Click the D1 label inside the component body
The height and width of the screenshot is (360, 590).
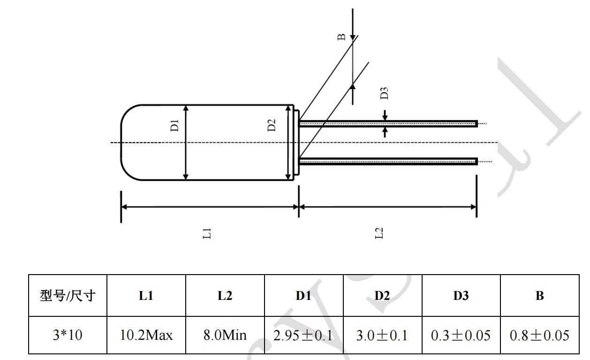[x=174, y=126]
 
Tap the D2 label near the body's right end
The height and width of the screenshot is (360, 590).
[x=272, y=125]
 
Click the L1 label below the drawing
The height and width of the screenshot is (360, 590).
[x=207, y=232]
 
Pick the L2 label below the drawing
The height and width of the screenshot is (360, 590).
[x=380, y=232]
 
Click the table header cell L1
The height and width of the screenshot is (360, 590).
[x=146, y=296]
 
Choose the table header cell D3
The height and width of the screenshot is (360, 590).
[x=461, y=296]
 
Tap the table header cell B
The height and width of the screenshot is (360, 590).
[x=540, y=296]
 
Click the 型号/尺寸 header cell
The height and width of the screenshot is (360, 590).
[x=68, y=296]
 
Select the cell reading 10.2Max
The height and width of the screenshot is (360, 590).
[x=146, y=336]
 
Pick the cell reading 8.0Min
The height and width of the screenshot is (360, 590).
[x=225, y=336]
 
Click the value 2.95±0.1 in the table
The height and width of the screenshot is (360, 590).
[x=304, y=336]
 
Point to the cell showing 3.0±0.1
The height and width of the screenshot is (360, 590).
[x=382, y=336]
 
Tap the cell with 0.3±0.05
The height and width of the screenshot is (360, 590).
[x=461, y=336]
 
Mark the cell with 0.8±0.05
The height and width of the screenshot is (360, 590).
[x=540, y=336]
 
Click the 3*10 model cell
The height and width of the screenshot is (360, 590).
[x=68, y=336]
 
